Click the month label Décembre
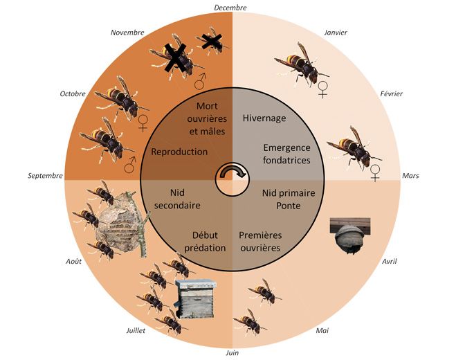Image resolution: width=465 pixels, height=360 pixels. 230,8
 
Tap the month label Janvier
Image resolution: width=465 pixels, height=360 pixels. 335,32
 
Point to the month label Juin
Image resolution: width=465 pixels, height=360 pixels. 232,353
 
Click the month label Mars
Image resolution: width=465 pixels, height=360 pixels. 411,176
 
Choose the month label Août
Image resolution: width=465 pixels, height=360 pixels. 73,262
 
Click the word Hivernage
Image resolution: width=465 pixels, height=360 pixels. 264,118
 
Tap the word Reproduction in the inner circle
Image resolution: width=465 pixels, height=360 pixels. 179,152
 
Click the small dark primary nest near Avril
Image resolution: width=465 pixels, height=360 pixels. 349,235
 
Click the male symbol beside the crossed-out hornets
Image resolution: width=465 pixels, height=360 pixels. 201,82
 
